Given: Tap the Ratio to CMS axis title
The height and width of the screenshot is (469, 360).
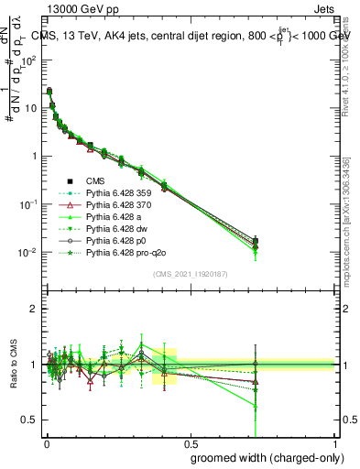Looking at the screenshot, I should pyautogui.click(x=12, y=365).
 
